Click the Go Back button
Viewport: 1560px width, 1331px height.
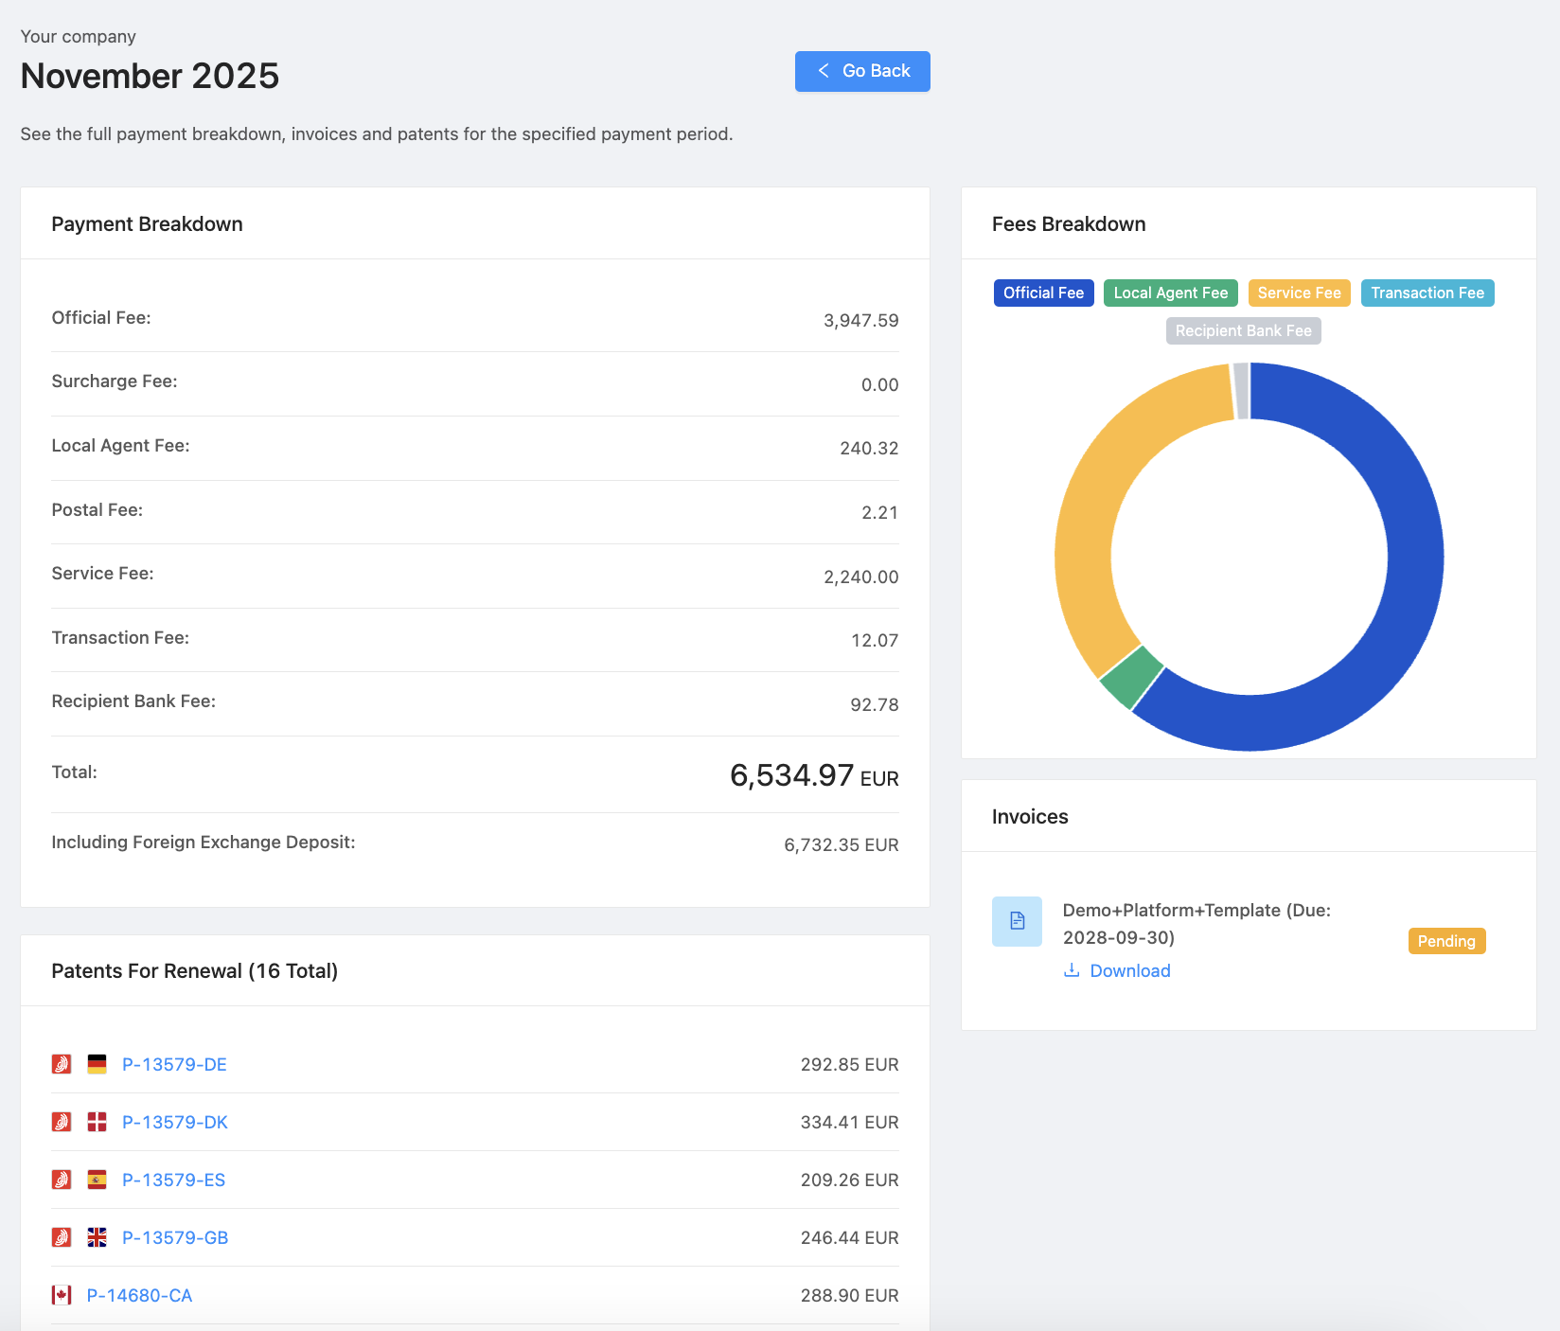pyautogui.click(x=862, y=71)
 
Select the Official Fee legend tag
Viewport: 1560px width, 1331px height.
pyautogui.click(x=1043, y=293)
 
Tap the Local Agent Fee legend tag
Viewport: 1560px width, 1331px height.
pyautogui.click(x=1170, y=293)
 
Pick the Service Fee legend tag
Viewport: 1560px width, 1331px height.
pyautogui.click(x=1299, y=293)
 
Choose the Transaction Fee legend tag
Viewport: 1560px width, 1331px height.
pyautogui.click(x=1427, y=293)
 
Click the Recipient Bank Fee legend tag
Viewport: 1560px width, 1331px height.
pyautogui.click(x=1243, y=331)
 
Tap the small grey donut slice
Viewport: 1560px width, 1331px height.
pyautogui.click(x=1241, y=390)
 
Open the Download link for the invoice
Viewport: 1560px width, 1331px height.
pyautogui.click(x=1129, y=971)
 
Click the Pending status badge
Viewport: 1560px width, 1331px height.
pyautogui.click(x=1445, y=941)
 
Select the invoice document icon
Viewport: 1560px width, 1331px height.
pyautogui.click(x=1017, y=921)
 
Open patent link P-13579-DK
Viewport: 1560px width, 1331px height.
pyautogui.click(x=175, y=1123)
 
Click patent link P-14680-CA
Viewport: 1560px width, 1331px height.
pyautogui.click(x=139, y=1296)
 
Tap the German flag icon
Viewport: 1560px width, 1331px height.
pyautogui.click(x=97, y=1064)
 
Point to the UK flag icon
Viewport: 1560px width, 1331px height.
pyautogui.click(x=97, y=1237)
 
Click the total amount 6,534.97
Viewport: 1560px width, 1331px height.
pyautogui.click(x=791, y=776)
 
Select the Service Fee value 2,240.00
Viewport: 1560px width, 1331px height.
pyautogui.click(x=860, y=577)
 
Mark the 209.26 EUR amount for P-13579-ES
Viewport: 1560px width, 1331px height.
pyautogui.click(x=849, y=1180)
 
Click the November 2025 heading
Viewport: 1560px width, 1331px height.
pyautogui.click(x=150, y=77)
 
